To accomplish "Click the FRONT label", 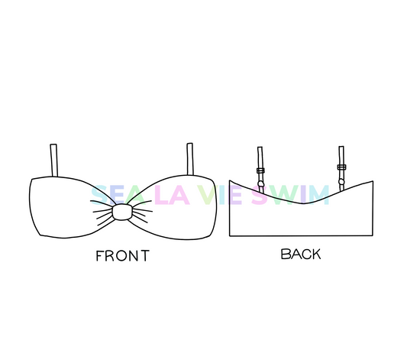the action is click(123, 255).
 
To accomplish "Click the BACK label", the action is click(301, 254).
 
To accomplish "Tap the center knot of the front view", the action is click(122, 212).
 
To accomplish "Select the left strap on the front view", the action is click(53, 161).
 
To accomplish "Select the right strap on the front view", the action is click(190, 159).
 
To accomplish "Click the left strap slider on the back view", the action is click(260, 170).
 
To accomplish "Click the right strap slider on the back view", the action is click(341, 167).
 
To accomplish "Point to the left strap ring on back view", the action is click(261, 184).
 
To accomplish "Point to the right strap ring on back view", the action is click(341, 182).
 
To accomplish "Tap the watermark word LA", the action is click(172, 195).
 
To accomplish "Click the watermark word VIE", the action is click(219, 195).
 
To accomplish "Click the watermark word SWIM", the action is click(290, 195).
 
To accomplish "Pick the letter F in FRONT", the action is click(100, 255).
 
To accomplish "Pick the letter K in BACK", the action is click(315, 254).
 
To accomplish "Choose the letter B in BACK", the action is click(285, 254).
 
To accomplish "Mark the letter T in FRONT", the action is click(145, 255).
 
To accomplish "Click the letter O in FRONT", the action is click(121, 256).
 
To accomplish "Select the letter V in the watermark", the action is click(207, 195).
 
